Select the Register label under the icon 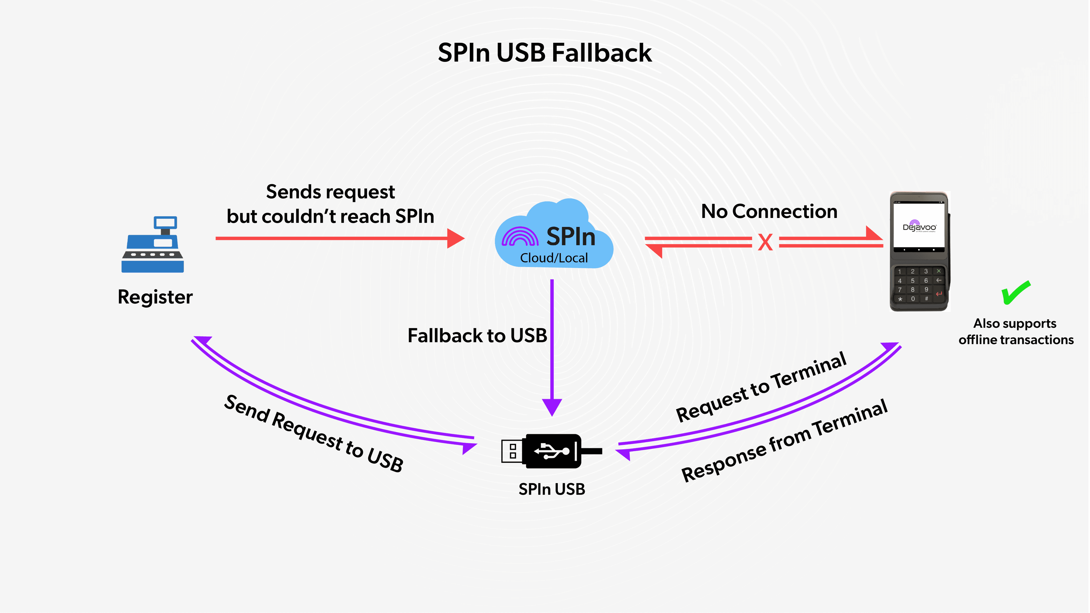[155, 297]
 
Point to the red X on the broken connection [765, 242]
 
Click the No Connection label [769, 211]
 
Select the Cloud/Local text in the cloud [554, 258]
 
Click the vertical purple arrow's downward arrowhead [552, 407]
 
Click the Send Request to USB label [313, 433]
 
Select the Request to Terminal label [761, 387]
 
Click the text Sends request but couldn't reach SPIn [330, 204]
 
